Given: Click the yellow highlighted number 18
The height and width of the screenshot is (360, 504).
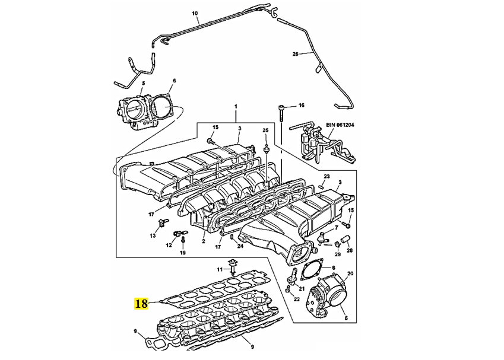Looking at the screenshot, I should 141,304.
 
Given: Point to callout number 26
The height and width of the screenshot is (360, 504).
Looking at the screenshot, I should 295,54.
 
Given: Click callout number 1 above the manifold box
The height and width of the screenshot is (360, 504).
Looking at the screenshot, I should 236,106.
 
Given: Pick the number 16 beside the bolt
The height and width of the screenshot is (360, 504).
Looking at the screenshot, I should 301,106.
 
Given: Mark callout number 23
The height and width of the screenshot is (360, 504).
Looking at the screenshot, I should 326,177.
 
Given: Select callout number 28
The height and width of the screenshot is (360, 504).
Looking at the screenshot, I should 350,250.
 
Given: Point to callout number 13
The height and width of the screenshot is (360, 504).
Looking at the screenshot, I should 153,235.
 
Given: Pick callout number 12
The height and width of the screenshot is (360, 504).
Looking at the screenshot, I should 169,245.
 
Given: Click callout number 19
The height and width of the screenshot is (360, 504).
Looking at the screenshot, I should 183,253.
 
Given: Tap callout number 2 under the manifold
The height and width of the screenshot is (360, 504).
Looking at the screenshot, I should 203,242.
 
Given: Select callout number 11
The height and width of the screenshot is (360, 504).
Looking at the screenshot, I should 218,270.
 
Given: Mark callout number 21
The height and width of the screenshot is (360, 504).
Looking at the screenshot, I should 302,288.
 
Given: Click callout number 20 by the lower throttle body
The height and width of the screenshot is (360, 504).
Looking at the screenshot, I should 350,273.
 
